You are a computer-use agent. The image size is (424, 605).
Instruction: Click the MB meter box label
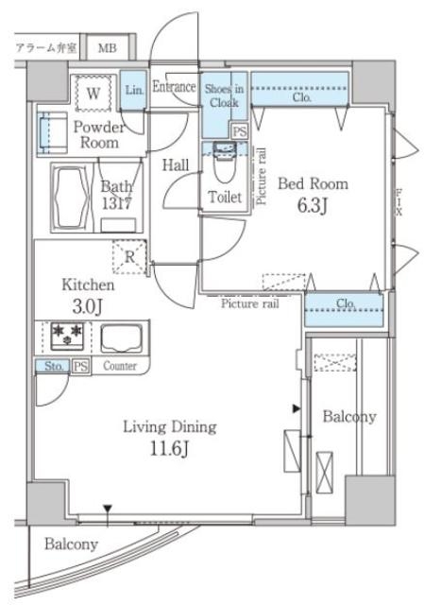[107, 48]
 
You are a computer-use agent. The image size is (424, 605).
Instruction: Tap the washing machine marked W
[93, 93]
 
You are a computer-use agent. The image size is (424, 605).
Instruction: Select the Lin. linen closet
[134, 90]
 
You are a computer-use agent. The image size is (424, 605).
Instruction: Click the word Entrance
[174, 86]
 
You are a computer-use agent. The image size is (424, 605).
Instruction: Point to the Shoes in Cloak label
[224, 95]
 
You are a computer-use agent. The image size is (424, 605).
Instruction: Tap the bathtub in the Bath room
[71, 198]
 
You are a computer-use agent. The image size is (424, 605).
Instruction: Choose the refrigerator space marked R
[129, 256]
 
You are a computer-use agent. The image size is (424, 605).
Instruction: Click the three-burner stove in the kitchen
[67, 336]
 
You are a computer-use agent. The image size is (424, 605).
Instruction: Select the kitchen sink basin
[122, 338]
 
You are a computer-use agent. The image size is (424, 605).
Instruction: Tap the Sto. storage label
[53, 366]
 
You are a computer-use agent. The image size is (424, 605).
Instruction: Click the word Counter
[120, 366]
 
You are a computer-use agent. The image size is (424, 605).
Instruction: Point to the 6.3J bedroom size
[313, 206]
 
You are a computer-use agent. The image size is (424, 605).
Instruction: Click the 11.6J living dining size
[170, 449]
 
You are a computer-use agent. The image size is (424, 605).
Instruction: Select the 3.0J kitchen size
[88, 306]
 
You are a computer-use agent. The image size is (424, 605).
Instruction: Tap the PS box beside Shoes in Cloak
[239, 131]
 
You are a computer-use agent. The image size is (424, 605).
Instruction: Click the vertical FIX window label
[399, 201]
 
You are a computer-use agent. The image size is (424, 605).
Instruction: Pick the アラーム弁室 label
[46, 48]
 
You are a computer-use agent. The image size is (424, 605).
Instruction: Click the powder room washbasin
[51, 133]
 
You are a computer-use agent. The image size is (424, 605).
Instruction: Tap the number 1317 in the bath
[117, 203]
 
